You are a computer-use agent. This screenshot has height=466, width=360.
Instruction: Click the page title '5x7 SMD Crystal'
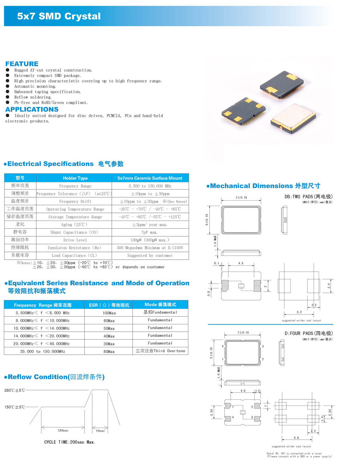(59, 16)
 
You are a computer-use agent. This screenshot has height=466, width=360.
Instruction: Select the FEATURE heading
(22, 64)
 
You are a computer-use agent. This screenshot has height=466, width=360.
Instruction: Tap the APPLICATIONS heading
(32, 110)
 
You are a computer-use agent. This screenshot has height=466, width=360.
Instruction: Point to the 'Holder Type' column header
(75, 178)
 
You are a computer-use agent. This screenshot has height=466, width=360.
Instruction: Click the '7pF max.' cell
(150, 232)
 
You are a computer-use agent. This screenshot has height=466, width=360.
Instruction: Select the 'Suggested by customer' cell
(150, 255)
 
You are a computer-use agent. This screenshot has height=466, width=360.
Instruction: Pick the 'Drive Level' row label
(75, 240)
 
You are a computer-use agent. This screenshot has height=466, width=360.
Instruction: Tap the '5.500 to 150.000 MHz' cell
(150, 186)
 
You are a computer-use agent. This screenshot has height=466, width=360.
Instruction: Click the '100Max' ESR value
(109, 313)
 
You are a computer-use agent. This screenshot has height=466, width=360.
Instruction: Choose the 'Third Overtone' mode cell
(160, 351)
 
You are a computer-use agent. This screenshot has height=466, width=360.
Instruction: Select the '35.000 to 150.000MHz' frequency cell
(43, 351)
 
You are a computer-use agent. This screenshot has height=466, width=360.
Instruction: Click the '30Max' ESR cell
(109, 343)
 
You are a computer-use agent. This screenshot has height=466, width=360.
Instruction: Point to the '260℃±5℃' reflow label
(15, 391)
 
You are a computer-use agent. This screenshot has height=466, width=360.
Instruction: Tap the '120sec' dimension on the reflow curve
(63, 430)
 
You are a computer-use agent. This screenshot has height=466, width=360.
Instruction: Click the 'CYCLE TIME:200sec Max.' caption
(70, 442)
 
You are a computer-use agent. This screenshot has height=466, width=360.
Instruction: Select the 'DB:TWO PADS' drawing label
(306, 197)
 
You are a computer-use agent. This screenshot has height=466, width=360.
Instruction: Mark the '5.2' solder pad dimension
(299, 312)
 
